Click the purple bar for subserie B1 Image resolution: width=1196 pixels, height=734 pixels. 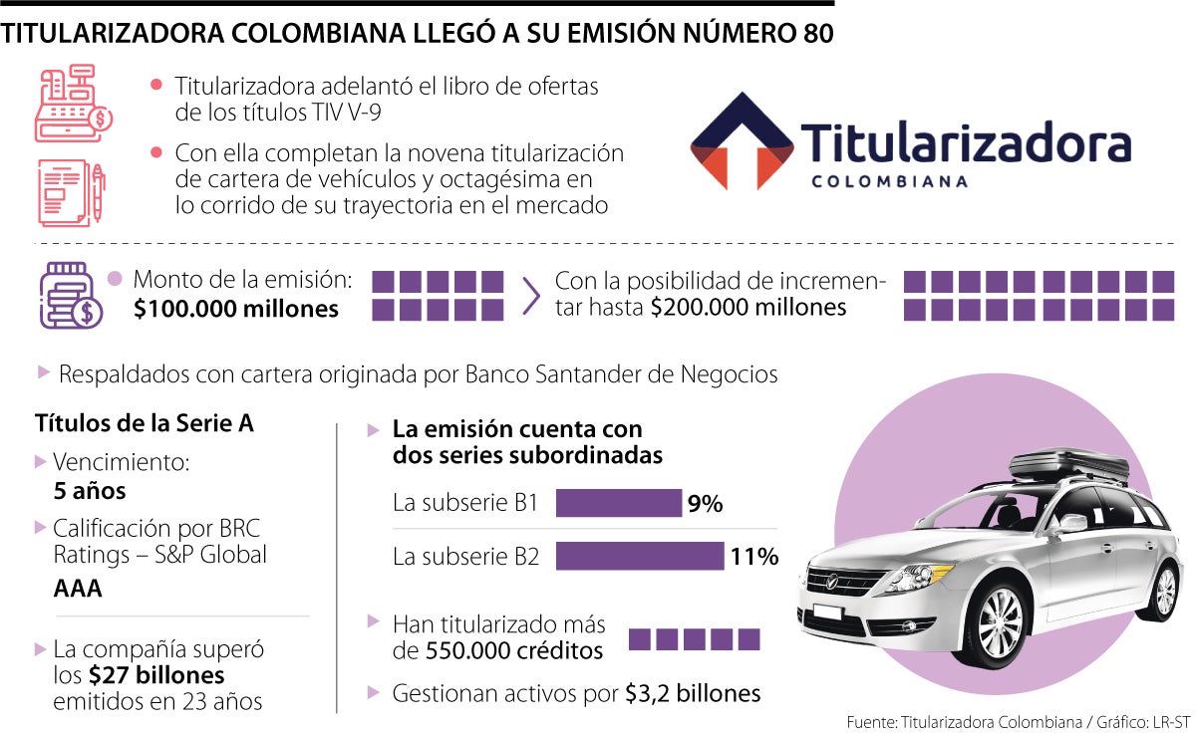click(x=618, y=503)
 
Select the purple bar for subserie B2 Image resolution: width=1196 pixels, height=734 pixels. click(x=639, y=556)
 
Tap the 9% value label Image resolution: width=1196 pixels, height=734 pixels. click(x=705, y=504)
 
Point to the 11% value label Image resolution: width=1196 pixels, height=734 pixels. click(x=753, y=557)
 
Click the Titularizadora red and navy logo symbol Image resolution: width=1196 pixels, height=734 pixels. click(x=742, y=141)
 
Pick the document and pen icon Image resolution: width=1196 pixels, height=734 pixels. click(x=71, y=192)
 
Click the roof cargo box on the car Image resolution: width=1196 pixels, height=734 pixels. click(x=1068, y=465)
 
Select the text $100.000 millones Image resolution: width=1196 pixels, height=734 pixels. click(x=236, y=310)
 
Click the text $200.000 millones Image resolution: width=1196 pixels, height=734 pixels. click(x=748, y=308)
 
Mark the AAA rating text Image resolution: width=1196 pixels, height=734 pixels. click(x=78, y=589)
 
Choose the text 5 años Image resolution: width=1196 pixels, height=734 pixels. click(x=90, y=492)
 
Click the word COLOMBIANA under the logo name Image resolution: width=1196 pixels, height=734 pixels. click(x=889, y=181)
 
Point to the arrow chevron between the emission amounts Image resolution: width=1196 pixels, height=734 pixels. click(x=531, y=295)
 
